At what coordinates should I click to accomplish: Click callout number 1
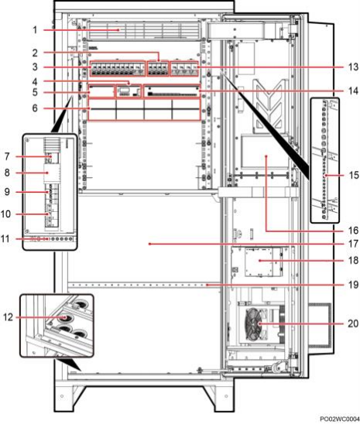click(x=35, y=29)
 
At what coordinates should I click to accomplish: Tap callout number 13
click(x=353, y=67)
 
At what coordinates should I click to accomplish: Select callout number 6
click(x=35, y=108)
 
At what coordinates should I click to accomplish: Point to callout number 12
click(x=8, y=317)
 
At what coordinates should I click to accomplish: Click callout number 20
click(x=353, y=323)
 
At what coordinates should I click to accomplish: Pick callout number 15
click(x=354, y=175)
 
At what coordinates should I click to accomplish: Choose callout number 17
click(x=354, y=244)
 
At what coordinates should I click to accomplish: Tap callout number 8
click(x=7, y=173)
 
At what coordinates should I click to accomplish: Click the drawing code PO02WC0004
click(x=340, y=419)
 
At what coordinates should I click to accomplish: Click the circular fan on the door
click(x=253, y=324)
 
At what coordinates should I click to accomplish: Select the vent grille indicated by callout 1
click(x=143, y=30)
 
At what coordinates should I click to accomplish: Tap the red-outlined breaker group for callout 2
click(x=158, y=69)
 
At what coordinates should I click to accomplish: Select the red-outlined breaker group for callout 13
click(x=184, y=69)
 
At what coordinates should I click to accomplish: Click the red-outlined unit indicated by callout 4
click(x=129, y=91)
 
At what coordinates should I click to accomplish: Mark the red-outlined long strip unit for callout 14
click(x=172, y=91)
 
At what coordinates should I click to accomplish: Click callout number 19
click(x=354, y=285)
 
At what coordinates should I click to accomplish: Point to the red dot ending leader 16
click(x=266, y=156)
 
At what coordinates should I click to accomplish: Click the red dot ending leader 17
click(x=149, y=244)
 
